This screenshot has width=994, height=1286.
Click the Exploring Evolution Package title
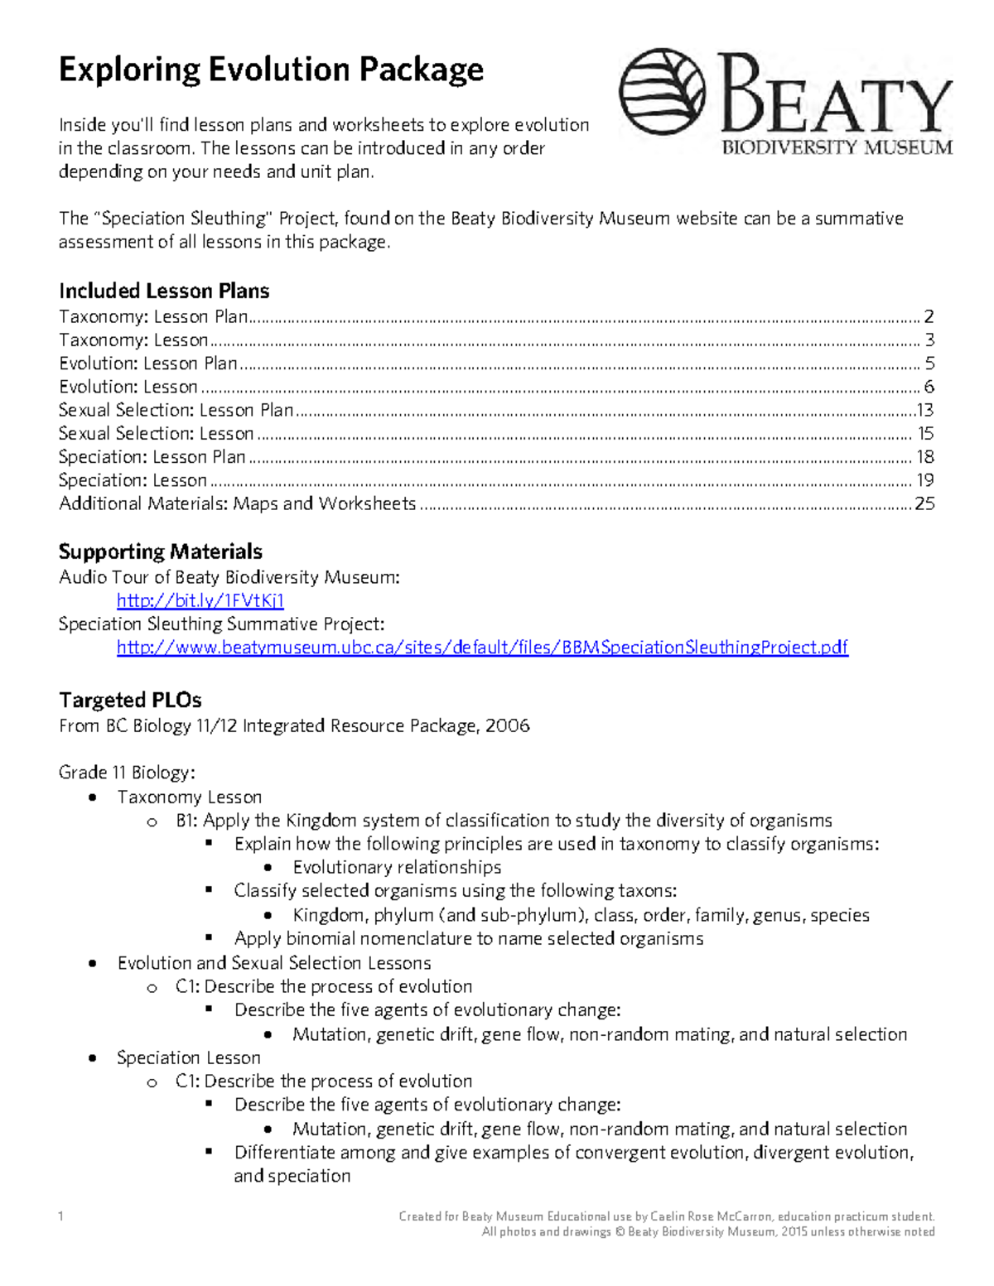click(x=271, y=70)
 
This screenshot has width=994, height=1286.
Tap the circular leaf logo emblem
click(x=662, y=92)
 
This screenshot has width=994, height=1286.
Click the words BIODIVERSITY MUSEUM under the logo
click(x=837, y=148)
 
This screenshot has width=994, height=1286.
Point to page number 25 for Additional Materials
click(x=924, y=503)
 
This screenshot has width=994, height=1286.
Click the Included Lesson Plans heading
click(x=164, y=291)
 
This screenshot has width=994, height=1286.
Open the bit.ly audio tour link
click(x=200, y=600)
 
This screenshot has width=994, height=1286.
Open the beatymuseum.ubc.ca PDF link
click(x=482, y=648)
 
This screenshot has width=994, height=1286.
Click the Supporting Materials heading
click(x=161, y=551)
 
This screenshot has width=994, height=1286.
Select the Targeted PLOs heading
click(x=130, y=701)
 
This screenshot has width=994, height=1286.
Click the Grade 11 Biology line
click(x=127, y=773)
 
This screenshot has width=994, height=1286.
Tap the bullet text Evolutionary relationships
click(x=397, y=867)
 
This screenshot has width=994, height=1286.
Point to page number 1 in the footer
click(x=60, y=1216)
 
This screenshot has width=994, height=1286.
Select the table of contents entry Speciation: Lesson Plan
click(x=152, y=457)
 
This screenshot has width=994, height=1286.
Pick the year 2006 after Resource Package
click(x=507, y=726)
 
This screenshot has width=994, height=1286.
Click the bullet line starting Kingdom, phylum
click(x=581, y=915)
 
